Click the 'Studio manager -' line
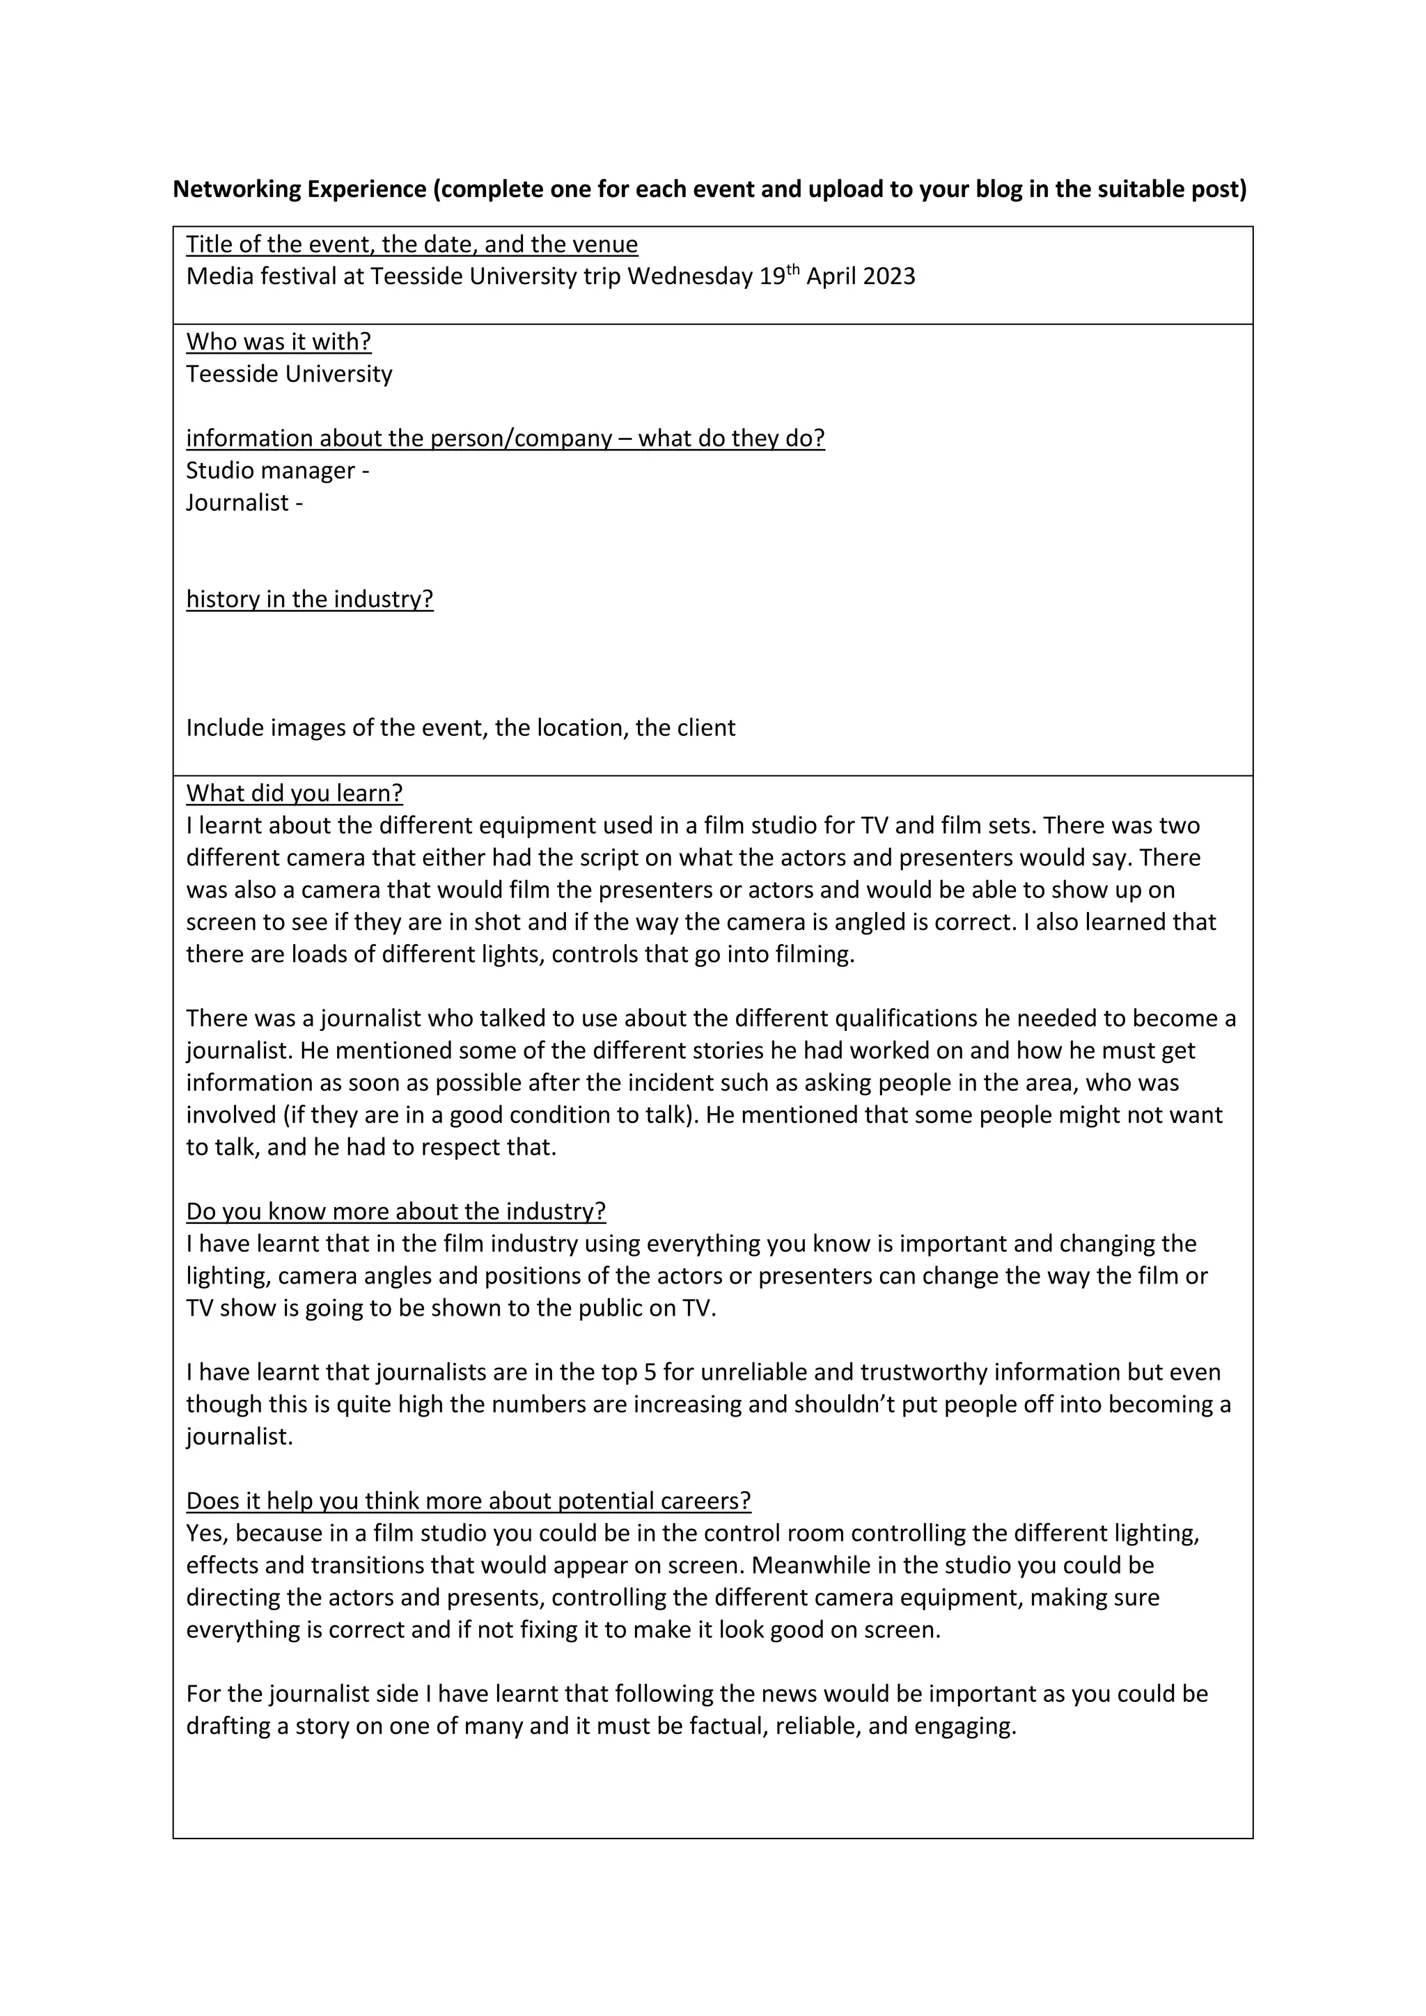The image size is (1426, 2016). click(278, 471)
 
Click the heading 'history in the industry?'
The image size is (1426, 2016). click(309, 599)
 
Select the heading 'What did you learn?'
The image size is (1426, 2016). click(294, 793)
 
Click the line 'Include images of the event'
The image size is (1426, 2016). click(460, 728)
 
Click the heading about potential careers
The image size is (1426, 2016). click(468, 1501)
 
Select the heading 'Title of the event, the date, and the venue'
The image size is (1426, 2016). click(412, 244)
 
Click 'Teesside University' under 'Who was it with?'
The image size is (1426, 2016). click(289, 374)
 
